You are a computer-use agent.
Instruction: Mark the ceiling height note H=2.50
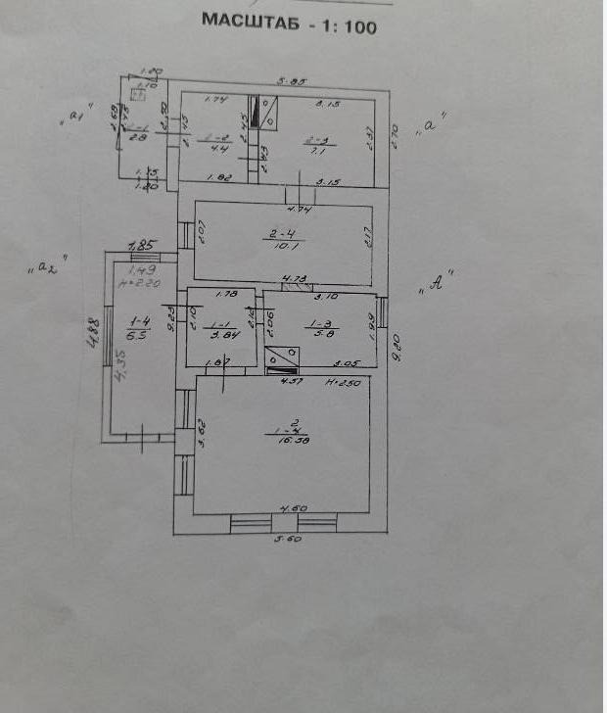point(344,383)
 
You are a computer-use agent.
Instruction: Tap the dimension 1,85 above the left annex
point(143,245)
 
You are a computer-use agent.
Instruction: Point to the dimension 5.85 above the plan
point(290,83)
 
